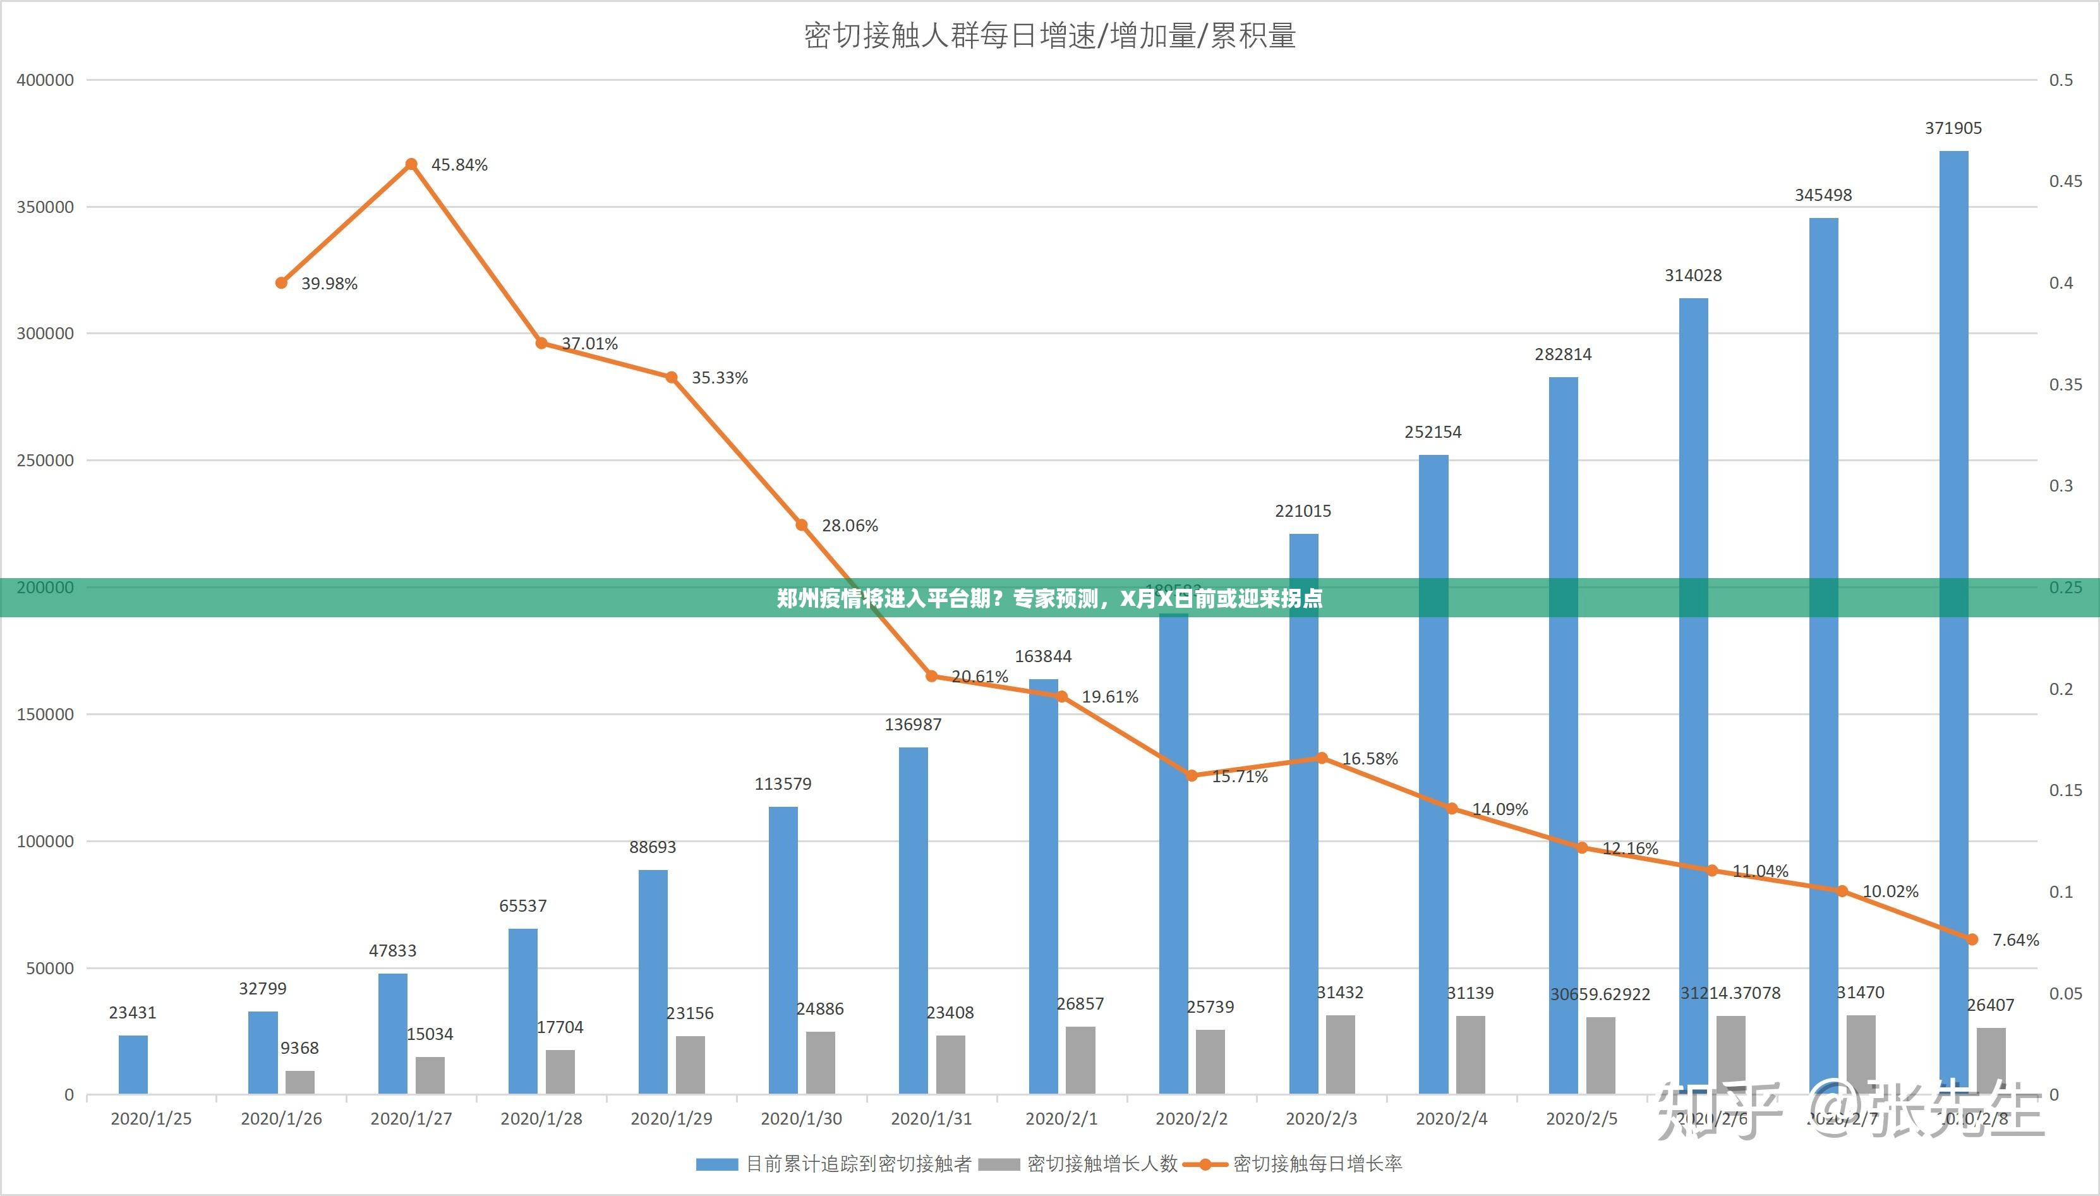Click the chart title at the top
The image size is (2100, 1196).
tap(1049, 36)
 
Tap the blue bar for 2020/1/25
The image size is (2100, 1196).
tap(133, 1065)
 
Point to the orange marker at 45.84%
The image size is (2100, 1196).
tap(411, 164)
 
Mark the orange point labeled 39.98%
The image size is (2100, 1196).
tap(281, 282)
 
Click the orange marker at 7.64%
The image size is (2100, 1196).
tap(1973, 939)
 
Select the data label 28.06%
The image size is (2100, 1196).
tap(849, 526)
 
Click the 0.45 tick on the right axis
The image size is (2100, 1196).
tap(2065, 181)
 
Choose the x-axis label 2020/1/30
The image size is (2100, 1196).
tap(800, 1119)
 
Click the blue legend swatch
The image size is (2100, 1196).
tap(716, 1164)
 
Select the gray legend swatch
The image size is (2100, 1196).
tap(999, 1164)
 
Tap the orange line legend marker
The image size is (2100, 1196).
tap(1205, 1164)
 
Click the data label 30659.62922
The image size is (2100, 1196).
tap(1600, 994)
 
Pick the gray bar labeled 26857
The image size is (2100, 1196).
tap(1080, 1060)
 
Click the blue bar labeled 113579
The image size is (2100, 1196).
tap(783, 950)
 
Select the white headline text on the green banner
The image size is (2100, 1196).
tap(1049, 598)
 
